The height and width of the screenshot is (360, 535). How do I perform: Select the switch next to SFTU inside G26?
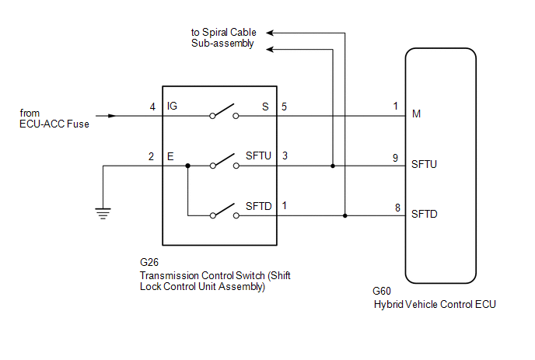[224, 163]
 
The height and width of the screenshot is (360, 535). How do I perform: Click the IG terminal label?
[173, 107]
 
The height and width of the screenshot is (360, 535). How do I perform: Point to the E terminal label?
[170, 156]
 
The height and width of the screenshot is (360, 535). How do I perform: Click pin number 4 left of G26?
[153, 107]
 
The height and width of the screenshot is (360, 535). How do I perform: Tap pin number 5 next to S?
[285, 107]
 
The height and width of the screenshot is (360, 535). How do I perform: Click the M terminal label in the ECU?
[416, 115]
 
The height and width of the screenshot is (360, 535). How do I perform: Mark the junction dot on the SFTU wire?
[333, 166]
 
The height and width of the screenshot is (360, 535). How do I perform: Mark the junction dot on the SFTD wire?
[345, 215]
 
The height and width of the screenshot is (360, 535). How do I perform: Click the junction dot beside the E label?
[187, 166]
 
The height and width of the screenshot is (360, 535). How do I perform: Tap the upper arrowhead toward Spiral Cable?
[272, 33]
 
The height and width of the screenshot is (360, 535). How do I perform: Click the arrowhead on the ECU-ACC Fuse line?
[114, 116]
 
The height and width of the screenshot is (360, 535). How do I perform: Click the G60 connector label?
[382, 293]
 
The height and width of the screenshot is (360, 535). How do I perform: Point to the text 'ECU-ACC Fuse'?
[51, 123]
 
